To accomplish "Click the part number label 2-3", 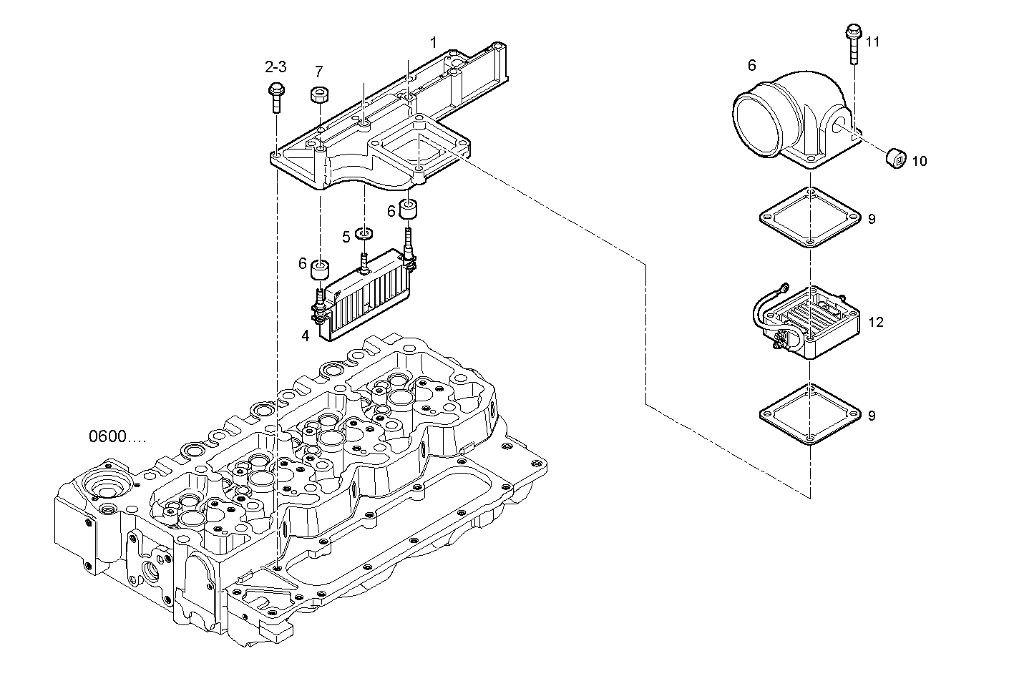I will [276, 67].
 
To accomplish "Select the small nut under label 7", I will [318, 95].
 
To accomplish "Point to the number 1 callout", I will [433, 42].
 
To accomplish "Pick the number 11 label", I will [872, 41].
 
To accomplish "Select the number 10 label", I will [919, 162].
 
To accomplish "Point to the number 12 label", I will [876, 323].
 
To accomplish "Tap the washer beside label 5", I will [366, 233].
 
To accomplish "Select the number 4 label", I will [305, 335].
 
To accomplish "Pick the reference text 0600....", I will [117, 436].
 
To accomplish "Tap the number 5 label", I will [346, 237].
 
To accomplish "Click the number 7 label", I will [318, 72].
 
